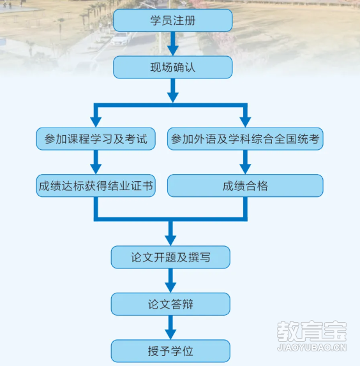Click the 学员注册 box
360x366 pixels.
(x=172, y=20)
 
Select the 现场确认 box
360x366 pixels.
(x=172, y=67)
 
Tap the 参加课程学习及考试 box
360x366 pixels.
(x=96, y=139)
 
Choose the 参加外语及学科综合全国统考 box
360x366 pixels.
(x=245, y=139)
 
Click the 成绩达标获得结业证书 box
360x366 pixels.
(x=96, y=186)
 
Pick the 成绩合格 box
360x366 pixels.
(x=245, y=186)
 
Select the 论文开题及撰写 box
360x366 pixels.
(x=170, y=257)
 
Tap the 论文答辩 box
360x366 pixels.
(x=170, y=304)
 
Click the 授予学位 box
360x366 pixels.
(x=170, y=351)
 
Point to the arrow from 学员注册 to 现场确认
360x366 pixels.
(x=173, y=44)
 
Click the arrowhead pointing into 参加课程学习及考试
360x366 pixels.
(x=96, y=122)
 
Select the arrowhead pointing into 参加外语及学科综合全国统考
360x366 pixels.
(x=245, y=122)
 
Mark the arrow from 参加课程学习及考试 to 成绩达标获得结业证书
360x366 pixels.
(x=96, y=162)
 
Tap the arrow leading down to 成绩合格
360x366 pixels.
(x=245, y=162)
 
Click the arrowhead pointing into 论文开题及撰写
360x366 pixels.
(x=170, y=240)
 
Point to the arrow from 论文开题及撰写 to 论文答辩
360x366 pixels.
(x=170, y=281)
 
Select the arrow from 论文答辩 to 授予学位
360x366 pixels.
(x=170, y=328)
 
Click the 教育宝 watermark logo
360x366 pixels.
(x=311, y=332)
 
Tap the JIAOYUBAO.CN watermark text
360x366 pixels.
(x=311, y=348)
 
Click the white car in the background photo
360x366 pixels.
(x=121, y=38)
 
